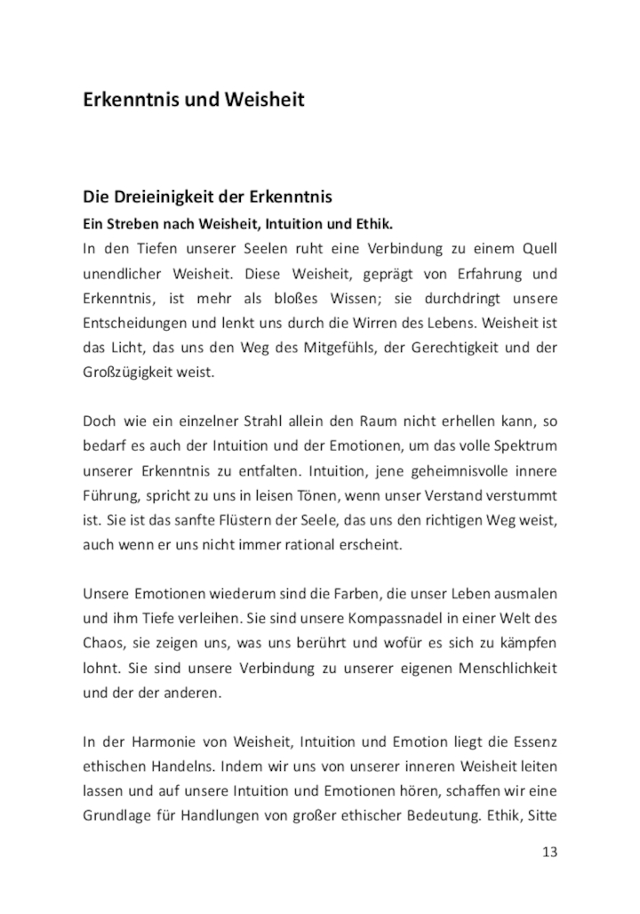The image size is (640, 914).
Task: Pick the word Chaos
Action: click(102, 642)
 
